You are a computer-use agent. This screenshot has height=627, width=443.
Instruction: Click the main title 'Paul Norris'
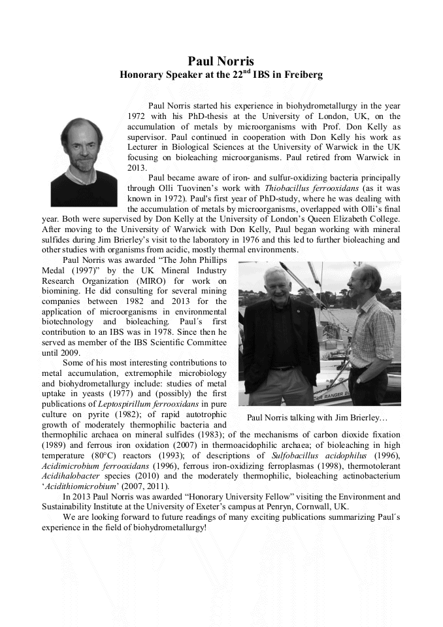[x=221, y=61]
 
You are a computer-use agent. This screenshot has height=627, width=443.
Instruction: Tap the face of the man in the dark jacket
[x=273, y=283]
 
